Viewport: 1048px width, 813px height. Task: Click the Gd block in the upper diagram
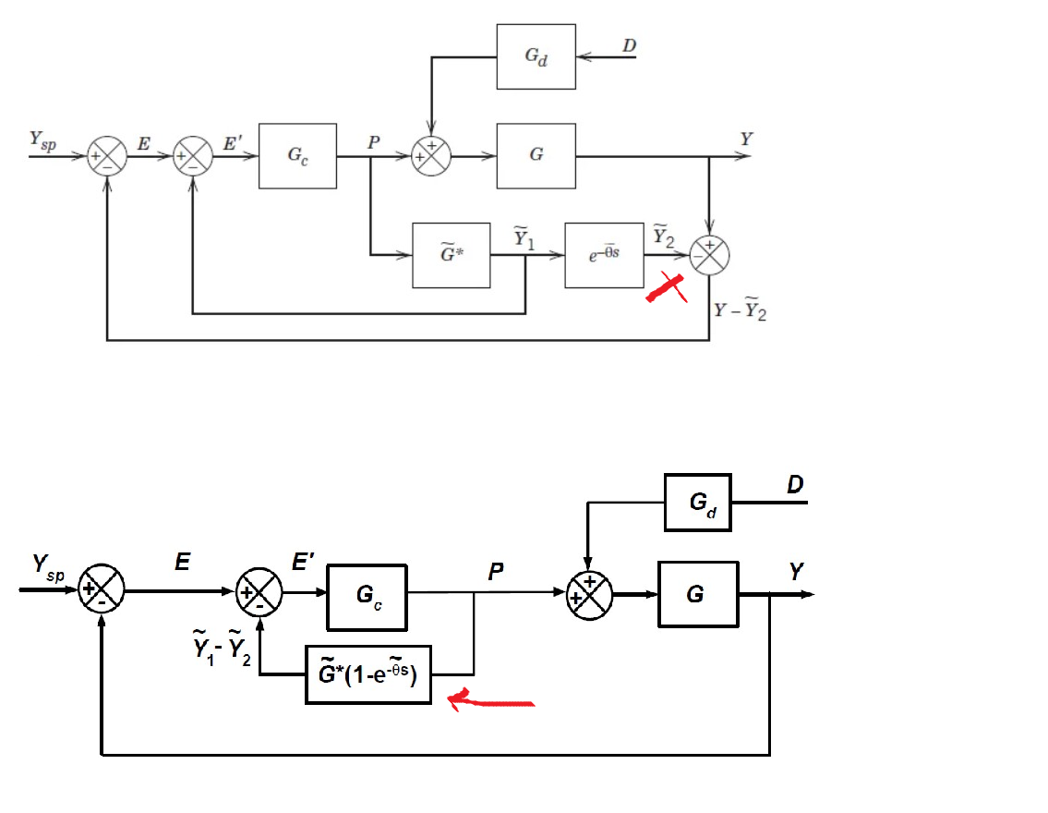pyautogui.click(x=536, y=56)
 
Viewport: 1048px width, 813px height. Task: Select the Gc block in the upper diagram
pyautogui.click(x=297, y=155)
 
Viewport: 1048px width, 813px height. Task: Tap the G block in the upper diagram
pyautogui.click(x=536, y=155)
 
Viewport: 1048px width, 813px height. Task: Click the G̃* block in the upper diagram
pyautogui.click(x=452, y=255)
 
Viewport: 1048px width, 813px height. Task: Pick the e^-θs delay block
pyautogui.click(x=604, y=255)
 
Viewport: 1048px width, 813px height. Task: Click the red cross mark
pyautogui.click(x=668, y=289)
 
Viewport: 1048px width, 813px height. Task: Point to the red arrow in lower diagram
pyautogui.click(x=489, y=702)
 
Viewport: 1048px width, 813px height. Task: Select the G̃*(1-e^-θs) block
pyautogui.click(x=368, y=674)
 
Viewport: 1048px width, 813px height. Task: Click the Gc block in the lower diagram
pyautogui.click(x=367, y=596)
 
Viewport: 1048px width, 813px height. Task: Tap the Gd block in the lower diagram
pyautogui.click(x=698, y=503)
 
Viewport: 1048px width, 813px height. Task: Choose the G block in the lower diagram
pyautogui.click(x=697, y=594)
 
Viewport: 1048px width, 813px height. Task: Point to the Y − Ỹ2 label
pyautogui.click(x=741, y=311)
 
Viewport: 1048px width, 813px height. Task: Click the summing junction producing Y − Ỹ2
pyautogui.click(x=710, y=255)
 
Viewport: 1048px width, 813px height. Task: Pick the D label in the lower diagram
pyautogui.click(x=794, y=484)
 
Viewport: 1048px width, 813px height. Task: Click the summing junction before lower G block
pyautogui.click(x=588, y=594)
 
